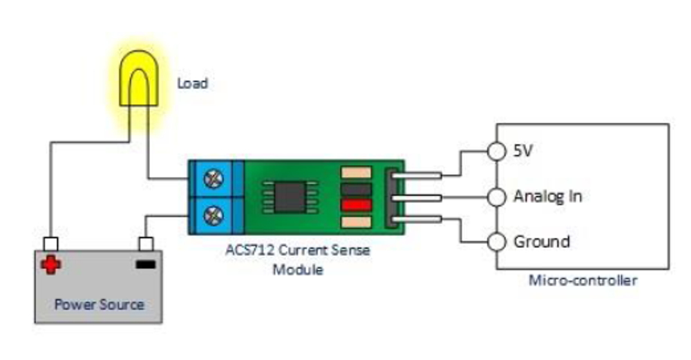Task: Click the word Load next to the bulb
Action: [192, 84]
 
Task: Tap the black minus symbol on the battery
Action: [145, 264]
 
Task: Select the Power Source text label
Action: [100, 304]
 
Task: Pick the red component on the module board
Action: [356, 205]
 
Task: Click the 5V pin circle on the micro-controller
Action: [496, 151]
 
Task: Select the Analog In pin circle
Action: [496, 198]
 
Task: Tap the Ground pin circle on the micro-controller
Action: [496, 243]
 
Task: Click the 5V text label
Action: [522, 151]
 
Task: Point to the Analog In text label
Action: [547, 196]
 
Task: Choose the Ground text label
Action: [541, 242]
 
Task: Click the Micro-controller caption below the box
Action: [582, 281]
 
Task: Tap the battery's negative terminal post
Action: [145, 243]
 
